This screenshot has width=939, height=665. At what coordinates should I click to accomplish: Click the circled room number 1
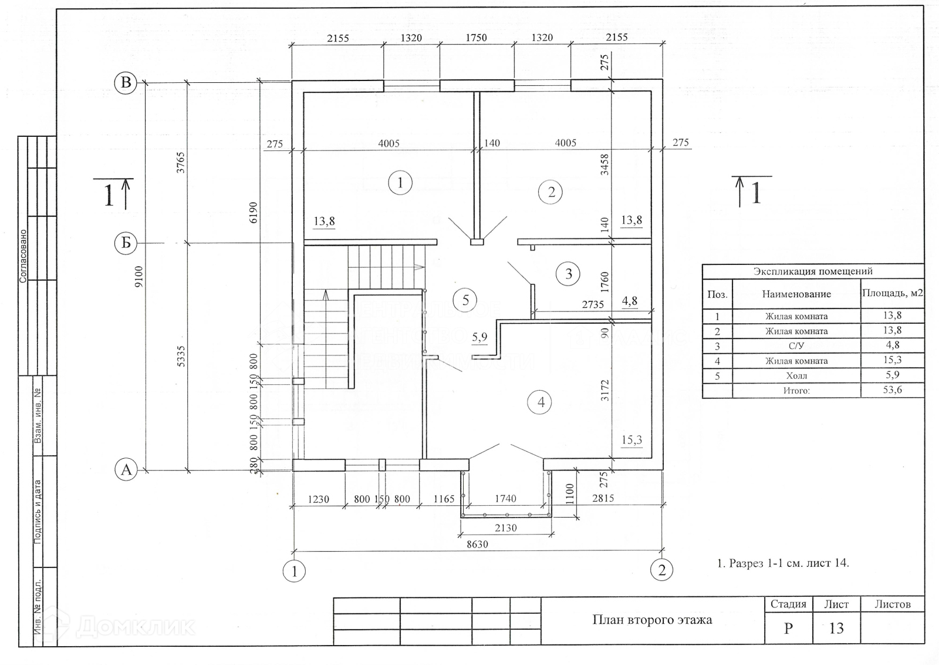click(x=400, y=183)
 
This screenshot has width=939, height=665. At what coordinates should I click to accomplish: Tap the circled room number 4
click(x=541, y=402)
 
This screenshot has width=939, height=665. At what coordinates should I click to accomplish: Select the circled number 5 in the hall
click(x=465, y=300)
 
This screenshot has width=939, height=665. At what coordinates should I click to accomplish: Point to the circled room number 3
click(x=568, y=274)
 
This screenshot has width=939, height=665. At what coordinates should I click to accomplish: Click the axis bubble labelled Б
click(x=126, y=243)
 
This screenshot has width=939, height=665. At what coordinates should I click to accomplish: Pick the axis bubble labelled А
click(x=126, y=470)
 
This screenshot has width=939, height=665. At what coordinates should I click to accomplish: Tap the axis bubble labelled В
click(x=126, y=83)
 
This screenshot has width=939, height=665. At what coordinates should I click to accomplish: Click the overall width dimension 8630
click(x=477, y=544)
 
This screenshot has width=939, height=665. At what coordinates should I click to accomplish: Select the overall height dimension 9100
click(x=139, y=276)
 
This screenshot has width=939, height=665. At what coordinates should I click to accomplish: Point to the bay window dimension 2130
click(x=505, y=528)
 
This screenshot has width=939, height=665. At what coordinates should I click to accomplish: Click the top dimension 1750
click(x=476, y=38)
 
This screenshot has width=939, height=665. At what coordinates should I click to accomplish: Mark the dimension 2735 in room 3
click(x=593, y=304)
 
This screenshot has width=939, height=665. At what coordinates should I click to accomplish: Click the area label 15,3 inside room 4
click(x=631, y=440)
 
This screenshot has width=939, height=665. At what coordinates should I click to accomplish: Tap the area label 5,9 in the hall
click(x=479, y=337)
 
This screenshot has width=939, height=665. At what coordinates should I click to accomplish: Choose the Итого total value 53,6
click(x=892, y=390)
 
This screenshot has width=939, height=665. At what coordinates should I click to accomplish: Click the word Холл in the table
click(x=796, y=375)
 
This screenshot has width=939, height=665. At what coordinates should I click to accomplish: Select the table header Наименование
click(x=796, y=294)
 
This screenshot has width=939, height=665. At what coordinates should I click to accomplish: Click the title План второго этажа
click(x=652, y=620)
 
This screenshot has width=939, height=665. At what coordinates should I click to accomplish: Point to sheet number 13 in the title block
click(x=836, y=629)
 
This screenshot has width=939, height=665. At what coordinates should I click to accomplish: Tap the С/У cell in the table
click(x=796, y=346)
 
